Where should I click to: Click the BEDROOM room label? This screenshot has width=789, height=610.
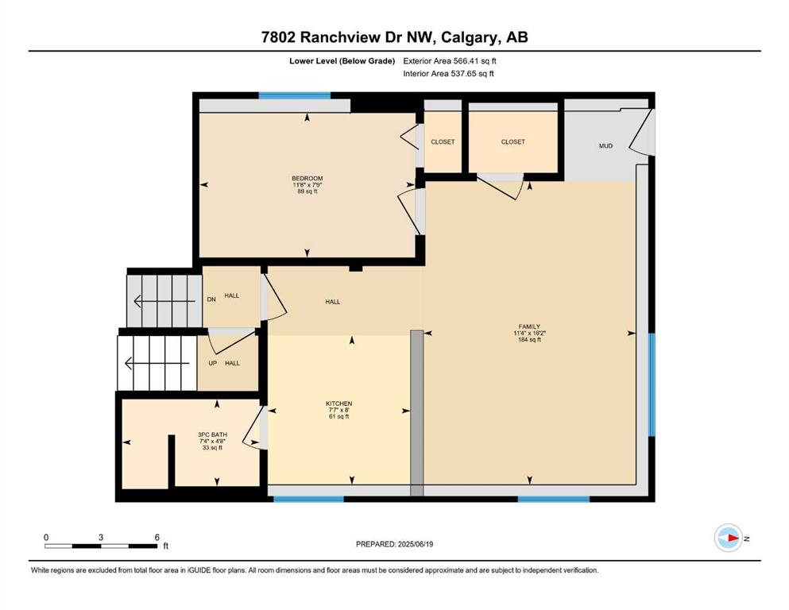tap(307, 179)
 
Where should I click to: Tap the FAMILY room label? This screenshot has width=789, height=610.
tap(529, 326)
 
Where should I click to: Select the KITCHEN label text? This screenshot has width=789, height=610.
tap(338, 403)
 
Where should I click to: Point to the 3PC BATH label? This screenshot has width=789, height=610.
tap(212, 434)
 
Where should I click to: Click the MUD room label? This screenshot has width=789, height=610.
tap(605, 146)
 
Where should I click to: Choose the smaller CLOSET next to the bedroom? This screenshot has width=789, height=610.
tap(443, 142)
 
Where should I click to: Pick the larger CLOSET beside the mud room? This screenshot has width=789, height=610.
tap(512, 142)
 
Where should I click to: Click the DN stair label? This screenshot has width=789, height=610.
tap(211, 299)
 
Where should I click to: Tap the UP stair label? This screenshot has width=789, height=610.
tap(212, 363)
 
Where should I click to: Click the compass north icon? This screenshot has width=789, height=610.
tap(729, 538)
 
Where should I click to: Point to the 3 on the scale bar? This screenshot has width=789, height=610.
tap(101, 537)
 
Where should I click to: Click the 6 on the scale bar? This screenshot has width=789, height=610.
tap(157, 537)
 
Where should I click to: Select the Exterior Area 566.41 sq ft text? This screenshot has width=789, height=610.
tap(450, 61)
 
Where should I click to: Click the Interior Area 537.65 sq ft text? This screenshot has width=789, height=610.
tap(448, 73)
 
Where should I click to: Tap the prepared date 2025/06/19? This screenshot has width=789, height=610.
tap(415, 544)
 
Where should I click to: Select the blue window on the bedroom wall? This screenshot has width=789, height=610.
tap(294, 95)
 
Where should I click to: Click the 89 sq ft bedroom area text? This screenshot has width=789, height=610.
tap(307, 191)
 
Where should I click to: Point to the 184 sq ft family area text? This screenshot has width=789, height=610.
tap(529, 339)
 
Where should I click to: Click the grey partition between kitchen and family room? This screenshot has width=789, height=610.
tap(417, 413)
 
